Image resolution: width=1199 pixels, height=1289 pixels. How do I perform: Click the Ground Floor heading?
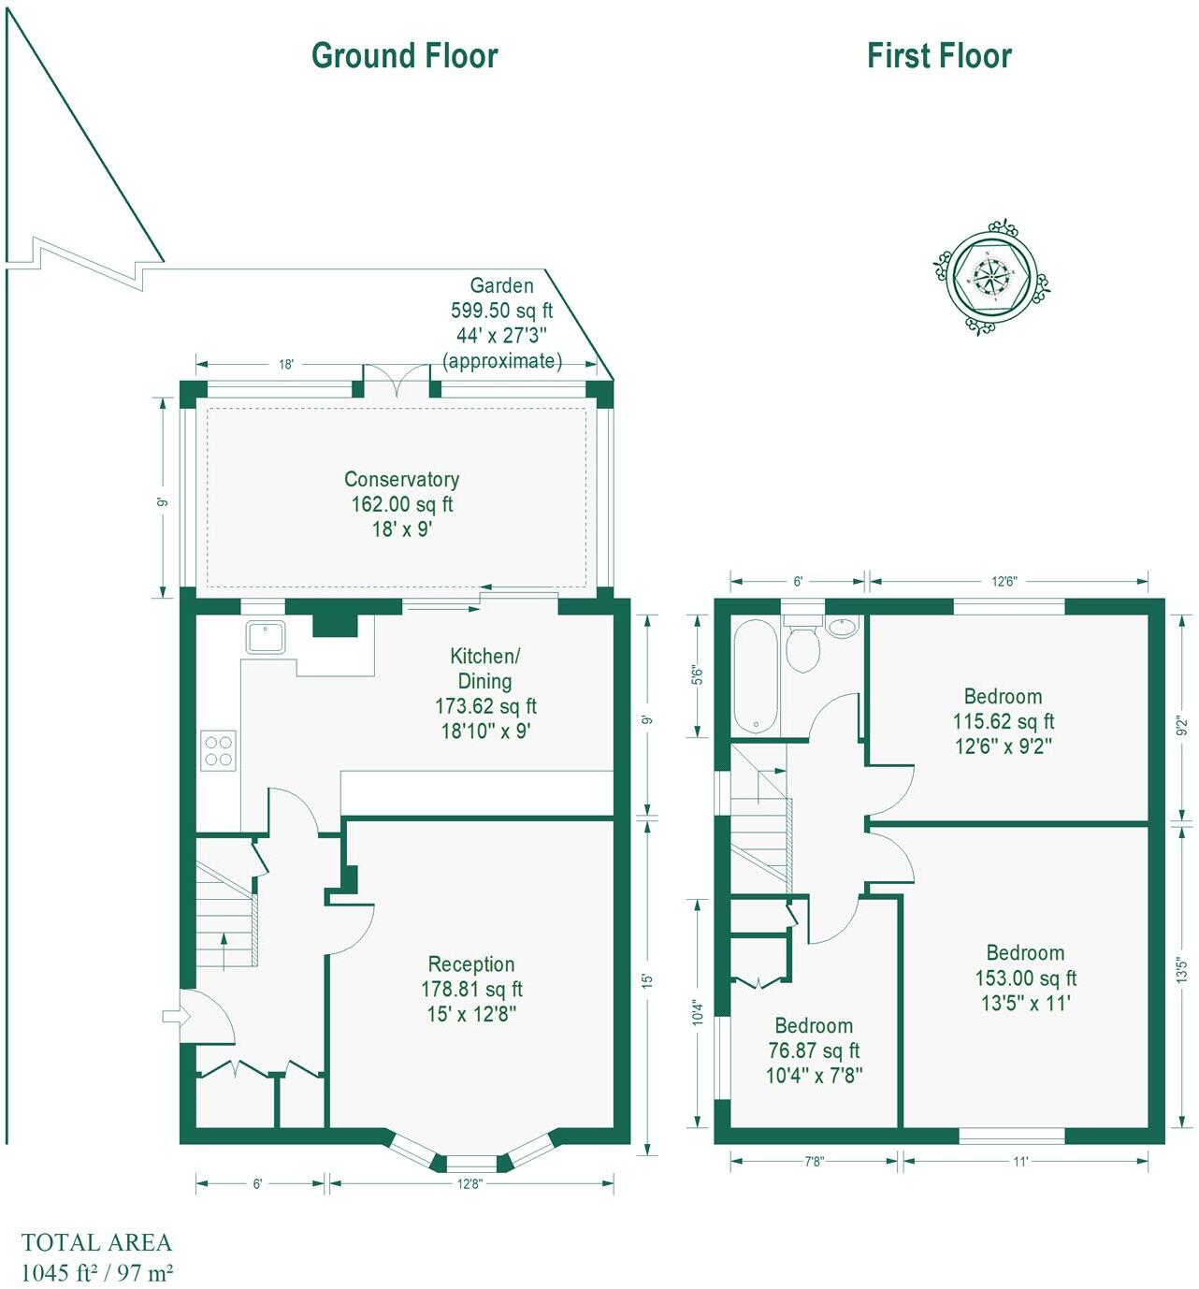404,56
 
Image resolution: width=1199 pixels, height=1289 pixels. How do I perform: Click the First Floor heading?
939,56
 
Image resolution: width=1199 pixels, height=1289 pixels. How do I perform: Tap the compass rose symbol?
990,277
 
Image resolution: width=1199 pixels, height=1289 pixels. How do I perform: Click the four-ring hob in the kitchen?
219,750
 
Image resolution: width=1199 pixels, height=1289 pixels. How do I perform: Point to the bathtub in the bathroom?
756,677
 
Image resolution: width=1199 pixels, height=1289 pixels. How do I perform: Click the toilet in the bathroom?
802,643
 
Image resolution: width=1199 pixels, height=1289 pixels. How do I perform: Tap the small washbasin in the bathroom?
843,627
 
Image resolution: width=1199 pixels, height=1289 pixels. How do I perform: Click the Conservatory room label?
401,480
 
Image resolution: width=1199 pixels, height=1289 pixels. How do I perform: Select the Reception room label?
471,964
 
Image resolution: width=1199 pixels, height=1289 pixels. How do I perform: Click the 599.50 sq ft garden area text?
501,311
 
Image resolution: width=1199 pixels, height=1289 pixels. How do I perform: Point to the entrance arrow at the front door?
173,1016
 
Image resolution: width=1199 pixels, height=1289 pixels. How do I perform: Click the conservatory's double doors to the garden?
397,382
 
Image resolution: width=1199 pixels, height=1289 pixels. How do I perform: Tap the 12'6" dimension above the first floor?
1004,582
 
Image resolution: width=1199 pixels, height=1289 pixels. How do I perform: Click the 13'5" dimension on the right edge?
1182,970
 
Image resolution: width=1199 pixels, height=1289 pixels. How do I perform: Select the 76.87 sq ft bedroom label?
814,1050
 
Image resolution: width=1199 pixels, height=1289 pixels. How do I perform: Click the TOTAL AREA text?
96,1243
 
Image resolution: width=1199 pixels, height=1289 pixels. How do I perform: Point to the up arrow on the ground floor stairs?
224,950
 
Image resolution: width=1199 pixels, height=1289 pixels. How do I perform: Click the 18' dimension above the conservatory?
286,365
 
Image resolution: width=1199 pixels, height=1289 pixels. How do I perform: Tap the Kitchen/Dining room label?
484,669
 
